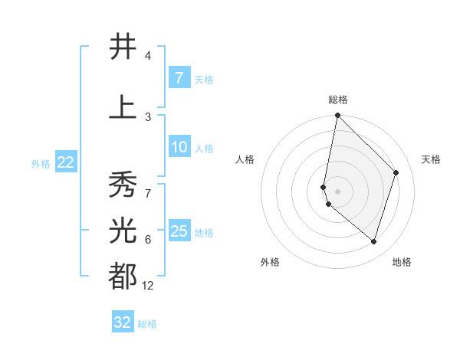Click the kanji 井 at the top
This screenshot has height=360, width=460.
(123, 47)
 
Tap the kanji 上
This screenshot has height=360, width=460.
(123, 107)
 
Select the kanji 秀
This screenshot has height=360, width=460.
(123, 185)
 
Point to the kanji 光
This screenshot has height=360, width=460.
(123, 231)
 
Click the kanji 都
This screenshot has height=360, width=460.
(123, 276)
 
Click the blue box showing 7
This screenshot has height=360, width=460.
(179, 78)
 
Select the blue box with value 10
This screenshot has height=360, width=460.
(179, 148)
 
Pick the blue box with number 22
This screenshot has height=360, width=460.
(66, 162)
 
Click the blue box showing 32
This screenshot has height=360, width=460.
(123, 322)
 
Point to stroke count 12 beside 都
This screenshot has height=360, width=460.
(148, 286)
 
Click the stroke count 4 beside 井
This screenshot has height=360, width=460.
(148, 57)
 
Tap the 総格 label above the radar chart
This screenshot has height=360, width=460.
(337, 100)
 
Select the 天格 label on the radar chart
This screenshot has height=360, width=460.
(431, 159)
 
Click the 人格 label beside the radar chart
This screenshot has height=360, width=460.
(245, 159)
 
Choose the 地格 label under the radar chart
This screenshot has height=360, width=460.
(402, 262)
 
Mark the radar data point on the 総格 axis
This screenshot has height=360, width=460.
(337, 116)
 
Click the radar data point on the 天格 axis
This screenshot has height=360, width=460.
(396, 172)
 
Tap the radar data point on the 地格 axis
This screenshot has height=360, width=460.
(373, 241)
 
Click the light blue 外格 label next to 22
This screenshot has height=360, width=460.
(40, 163)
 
